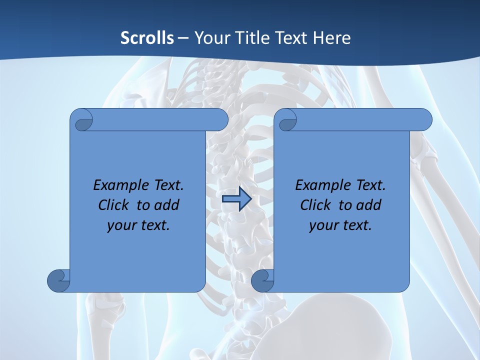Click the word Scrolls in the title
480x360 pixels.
(x=147, y=38)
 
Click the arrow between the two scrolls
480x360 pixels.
(x=236, y=199)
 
